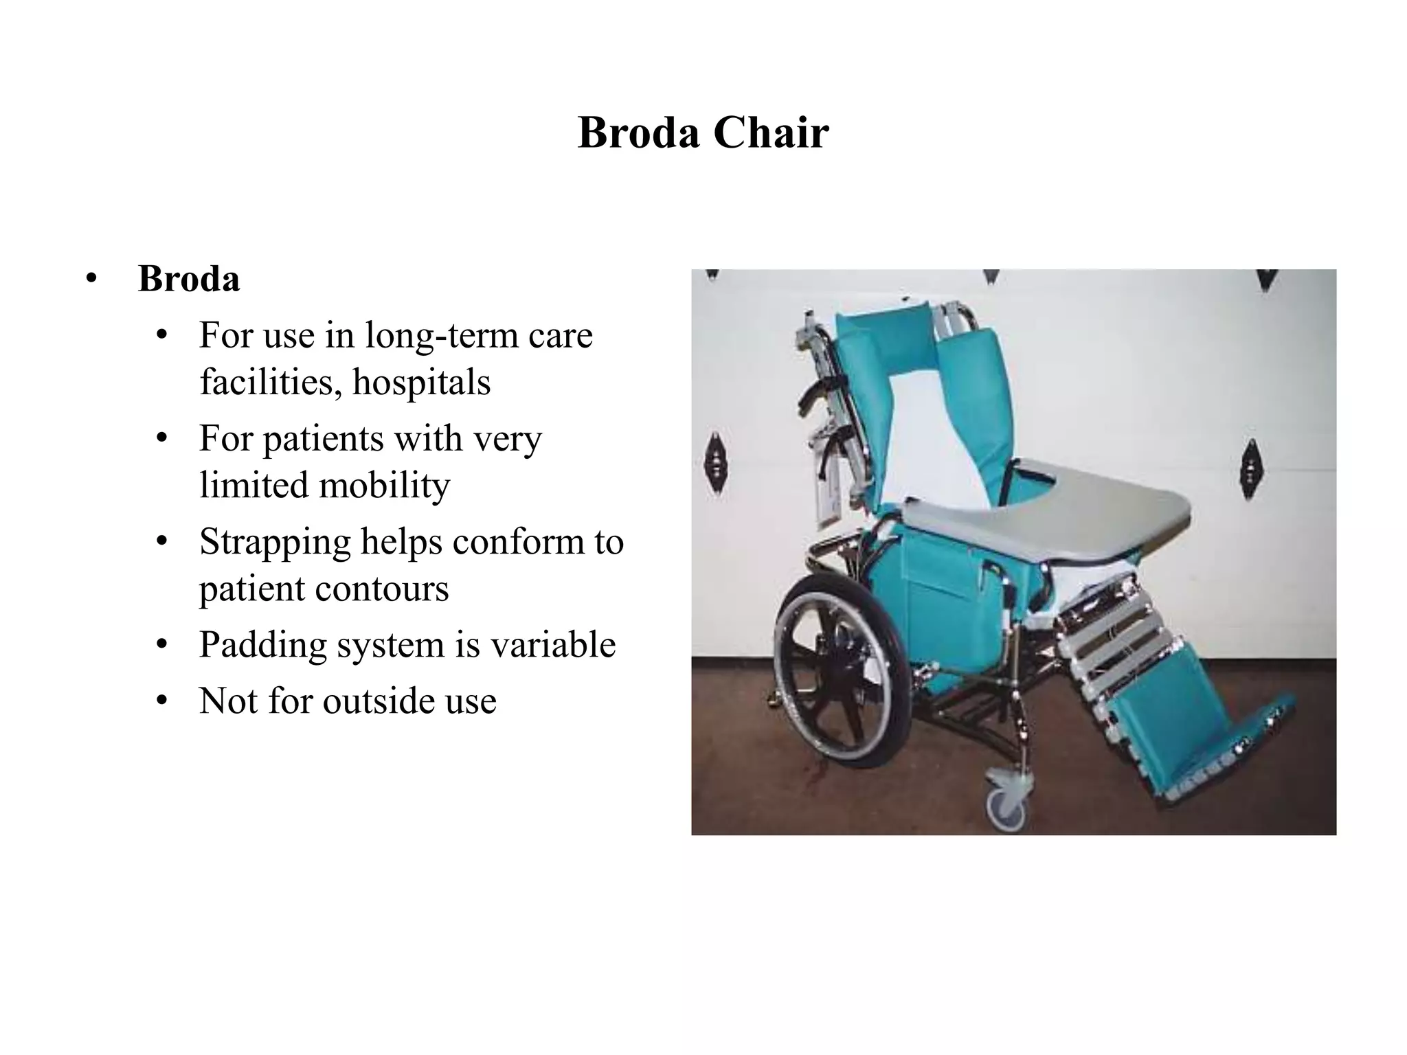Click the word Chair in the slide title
[771, 133]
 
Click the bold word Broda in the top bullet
[189, 279]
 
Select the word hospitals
[421, 383]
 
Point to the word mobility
[384, 486]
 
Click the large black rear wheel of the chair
[835, 670]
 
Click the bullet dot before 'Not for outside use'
[161, 701]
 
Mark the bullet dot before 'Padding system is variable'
[161, 645]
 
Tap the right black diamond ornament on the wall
[1250, 468]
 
